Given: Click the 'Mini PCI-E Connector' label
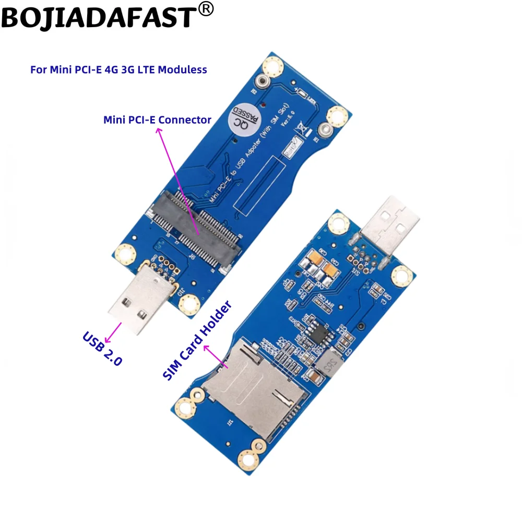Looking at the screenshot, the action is click(157, 120).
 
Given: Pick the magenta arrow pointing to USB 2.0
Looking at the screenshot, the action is click(114, 330).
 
